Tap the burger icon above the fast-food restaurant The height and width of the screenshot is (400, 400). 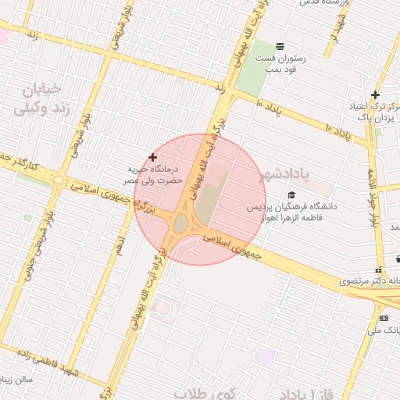pos(280,44)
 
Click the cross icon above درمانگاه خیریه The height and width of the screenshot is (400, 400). pos(152,158)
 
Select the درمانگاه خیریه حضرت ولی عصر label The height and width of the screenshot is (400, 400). pos(155,173)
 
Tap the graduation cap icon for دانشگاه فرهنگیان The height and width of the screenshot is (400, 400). pos(291,195)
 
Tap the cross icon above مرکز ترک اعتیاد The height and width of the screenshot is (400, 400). pos(375,94)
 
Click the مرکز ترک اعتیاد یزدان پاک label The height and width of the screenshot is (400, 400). pos(377,111)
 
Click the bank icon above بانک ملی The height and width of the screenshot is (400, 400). pos(383,318)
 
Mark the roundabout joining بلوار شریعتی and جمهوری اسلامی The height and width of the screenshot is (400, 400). pos(58,180)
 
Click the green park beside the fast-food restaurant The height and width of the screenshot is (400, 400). pos(254,73)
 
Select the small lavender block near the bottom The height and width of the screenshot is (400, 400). pos(266,358)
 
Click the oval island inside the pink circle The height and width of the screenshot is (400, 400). pos(180,224)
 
